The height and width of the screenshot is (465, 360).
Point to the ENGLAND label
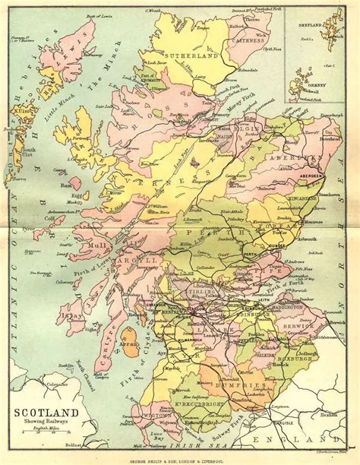pos(304,438)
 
